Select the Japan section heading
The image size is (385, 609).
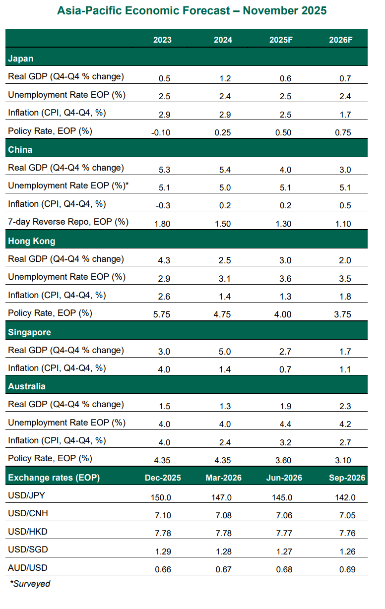click(21, 59)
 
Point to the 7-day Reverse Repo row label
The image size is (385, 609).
click(68, 222)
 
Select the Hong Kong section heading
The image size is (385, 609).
click(32, 241)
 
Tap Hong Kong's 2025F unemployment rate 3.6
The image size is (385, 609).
click(285, 279)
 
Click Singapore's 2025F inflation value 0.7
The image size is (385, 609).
click(285, 369)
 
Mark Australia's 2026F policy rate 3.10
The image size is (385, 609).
click(342, 460)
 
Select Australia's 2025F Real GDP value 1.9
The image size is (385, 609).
click(285, 406)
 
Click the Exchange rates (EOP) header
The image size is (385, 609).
click(54, 478)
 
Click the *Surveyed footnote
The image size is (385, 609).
click(30, 584)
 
